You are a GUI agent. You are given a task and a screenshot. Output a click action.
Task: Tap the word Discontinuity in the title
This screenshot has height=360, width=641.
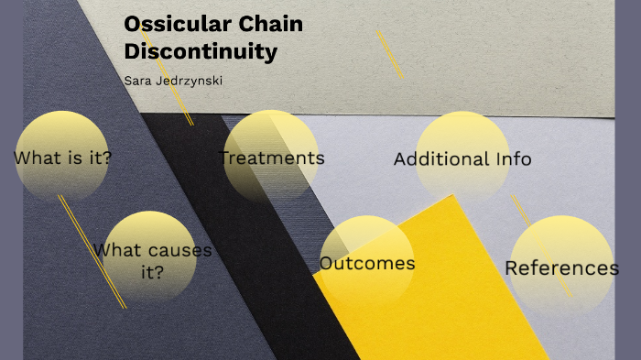pos(201,52)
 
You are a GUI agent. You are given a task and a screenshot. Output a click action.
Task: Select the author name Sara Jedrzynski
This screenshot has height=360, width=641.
pos(173,81)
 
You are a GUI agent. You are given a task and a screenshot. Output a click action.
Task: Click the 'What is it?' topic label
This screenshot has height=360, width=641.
pos(63,158)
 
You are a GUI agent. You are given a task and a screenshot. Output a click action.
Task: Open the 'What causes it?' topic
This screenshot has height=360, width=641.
pos(152,260)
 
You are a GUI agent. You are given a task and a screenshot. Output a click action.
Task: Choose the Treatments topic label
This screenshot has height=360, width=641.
pos(273,158)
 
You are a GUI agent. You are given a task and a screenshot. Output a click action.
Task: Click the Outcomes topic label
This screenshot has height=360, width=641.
pos(366,264)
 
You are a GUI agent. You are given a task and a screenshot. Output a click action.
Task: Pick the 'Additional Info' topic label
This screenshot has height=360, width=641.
pos(462,159)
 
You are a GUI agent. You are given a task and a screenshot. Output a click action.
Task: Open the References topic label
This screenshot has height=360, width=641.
pos(561,268)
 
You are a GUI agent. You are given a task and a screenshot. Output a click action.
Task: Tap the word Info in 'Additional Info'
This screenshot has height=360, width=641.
pos(513,159)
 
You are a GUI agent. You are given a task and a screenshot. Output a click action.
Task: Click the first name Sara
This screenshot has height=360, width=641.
pos(137,81)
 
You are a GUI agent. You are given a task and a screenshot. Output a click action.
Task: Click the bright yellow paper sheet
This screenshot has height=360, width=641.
pos(458,302)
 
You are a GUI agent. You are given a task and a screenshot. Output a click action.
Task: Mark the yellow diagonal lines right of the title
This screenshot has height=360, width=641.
pos(389,53)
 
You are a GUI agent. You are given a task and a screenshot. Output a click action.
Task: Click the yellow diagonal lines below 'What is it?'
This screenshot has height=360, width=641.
pos(92,252)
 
